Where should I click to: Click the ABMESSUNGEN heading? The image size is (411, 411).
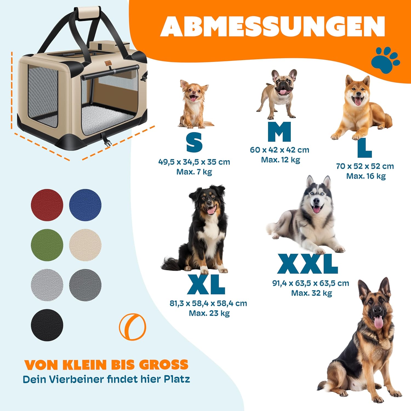click(x=273, y=26)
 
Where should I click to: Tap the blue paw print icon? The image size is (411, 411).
click(x=386, y=60)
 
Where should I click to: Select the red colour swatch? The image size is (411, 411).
click(x=47, y=205)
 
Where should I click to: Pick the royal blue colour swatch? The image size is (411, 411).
click(x=85, y=205)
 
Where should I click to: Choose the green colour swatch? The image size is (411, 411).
click(x=47, y=245)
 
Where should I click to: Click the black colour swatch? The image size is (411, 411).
click(x=47, y=325)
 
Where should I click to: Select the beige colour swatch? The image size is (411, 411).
click(x=85, y=245)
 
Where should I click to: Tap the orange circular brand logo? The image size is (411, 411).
click(x=132, y=327)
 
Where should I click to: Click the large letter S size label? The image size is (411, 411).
click(x=194, y=142)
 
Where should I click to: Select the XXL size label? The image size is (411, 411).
click(x=307, y=264)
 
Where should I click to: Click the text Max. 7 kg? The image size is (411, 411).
click(x=194, y=172)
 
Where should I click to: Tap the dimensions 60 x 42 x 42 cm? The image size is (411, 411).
click(x=279, y=150)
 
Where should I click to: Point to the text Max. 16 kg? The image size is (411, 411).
click(x=366, y=176)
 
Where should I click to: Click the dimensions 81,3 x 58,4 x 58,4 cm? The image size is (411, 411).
click(x=208, y=303)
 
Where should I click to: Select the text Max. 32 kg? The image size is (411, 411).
click(x=312, y=293)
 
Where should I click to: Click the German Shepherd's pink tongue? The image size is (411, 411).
click(x=379, y=322)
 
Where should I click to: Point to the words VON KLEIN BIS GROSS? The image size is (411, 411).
click(x=106, y=365)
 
